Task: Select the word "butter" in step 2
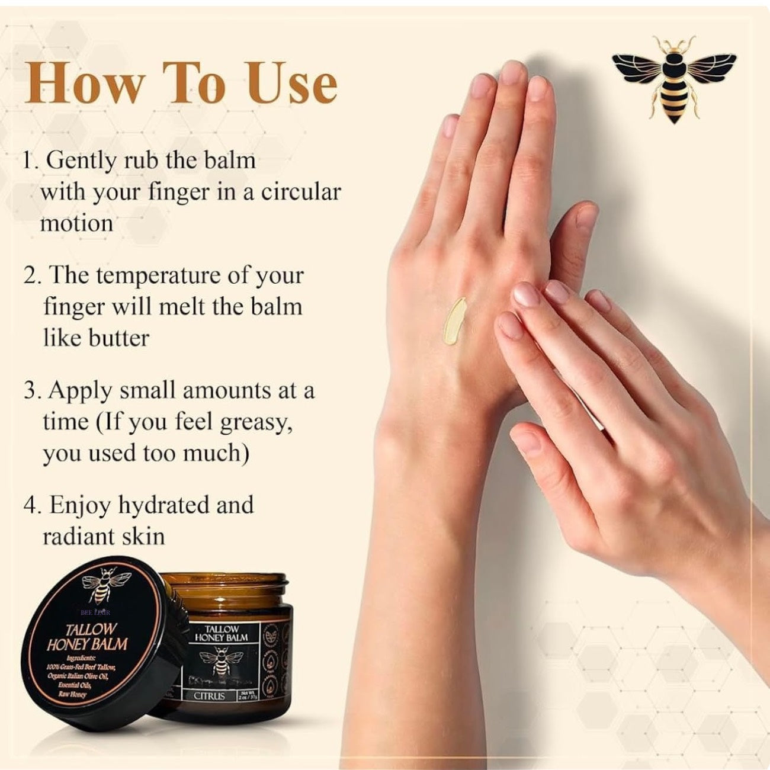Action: click(118, 338)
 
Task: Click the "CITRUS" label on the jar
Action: click(209, 695)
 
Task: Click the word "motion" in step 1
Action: click(76, 223)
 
